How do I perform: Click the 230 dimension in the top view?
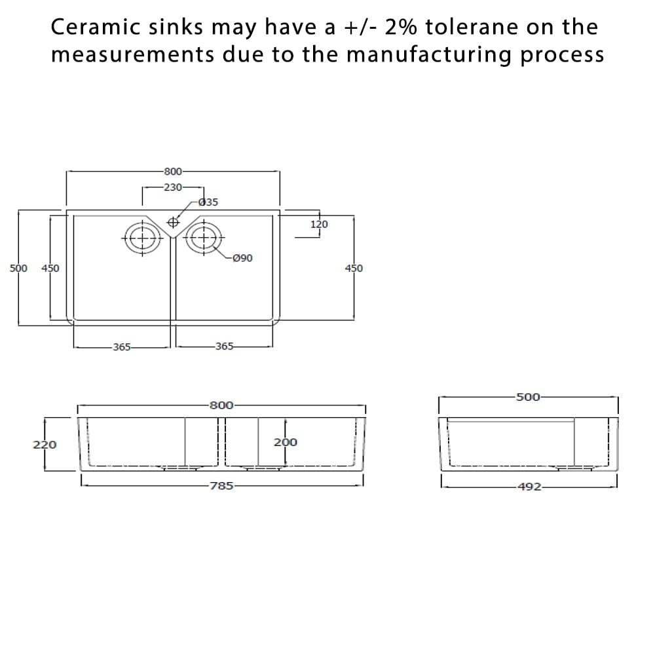pyautogui.click(x=173, y=187)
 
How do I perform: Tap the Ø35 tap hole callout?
pyautogui.click(x=208, y=202)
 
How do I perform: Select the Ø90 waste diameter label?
pyautogui.click(x=242, y=258)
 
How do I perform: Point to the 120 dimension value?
pyautogui.click(x=319, y=225)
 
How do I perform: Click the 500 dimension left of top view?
pyautogui.click(x=19, y=268)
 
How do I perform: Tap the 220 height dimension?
pyautogui.click(x=45, y=445)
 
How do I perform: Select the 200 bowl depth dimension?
pyautogui.click(x=286, y=442)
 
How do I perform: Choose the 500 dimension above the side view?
pyautogui.click(x=528, y=396)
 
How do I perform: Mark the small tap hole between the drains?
pyautogui.click(x=174, y=221)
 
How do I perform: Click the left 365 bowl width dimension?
pyautogui.click(x=122, y=346)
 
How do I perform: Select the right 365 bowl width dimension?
pyautogui.click(x=224, y=346)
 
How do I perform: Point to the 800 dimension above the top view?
pyautogui.click(x=173, y=171)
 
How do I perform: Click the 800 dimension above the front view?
pyautogui.click(x=221, y=405)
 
